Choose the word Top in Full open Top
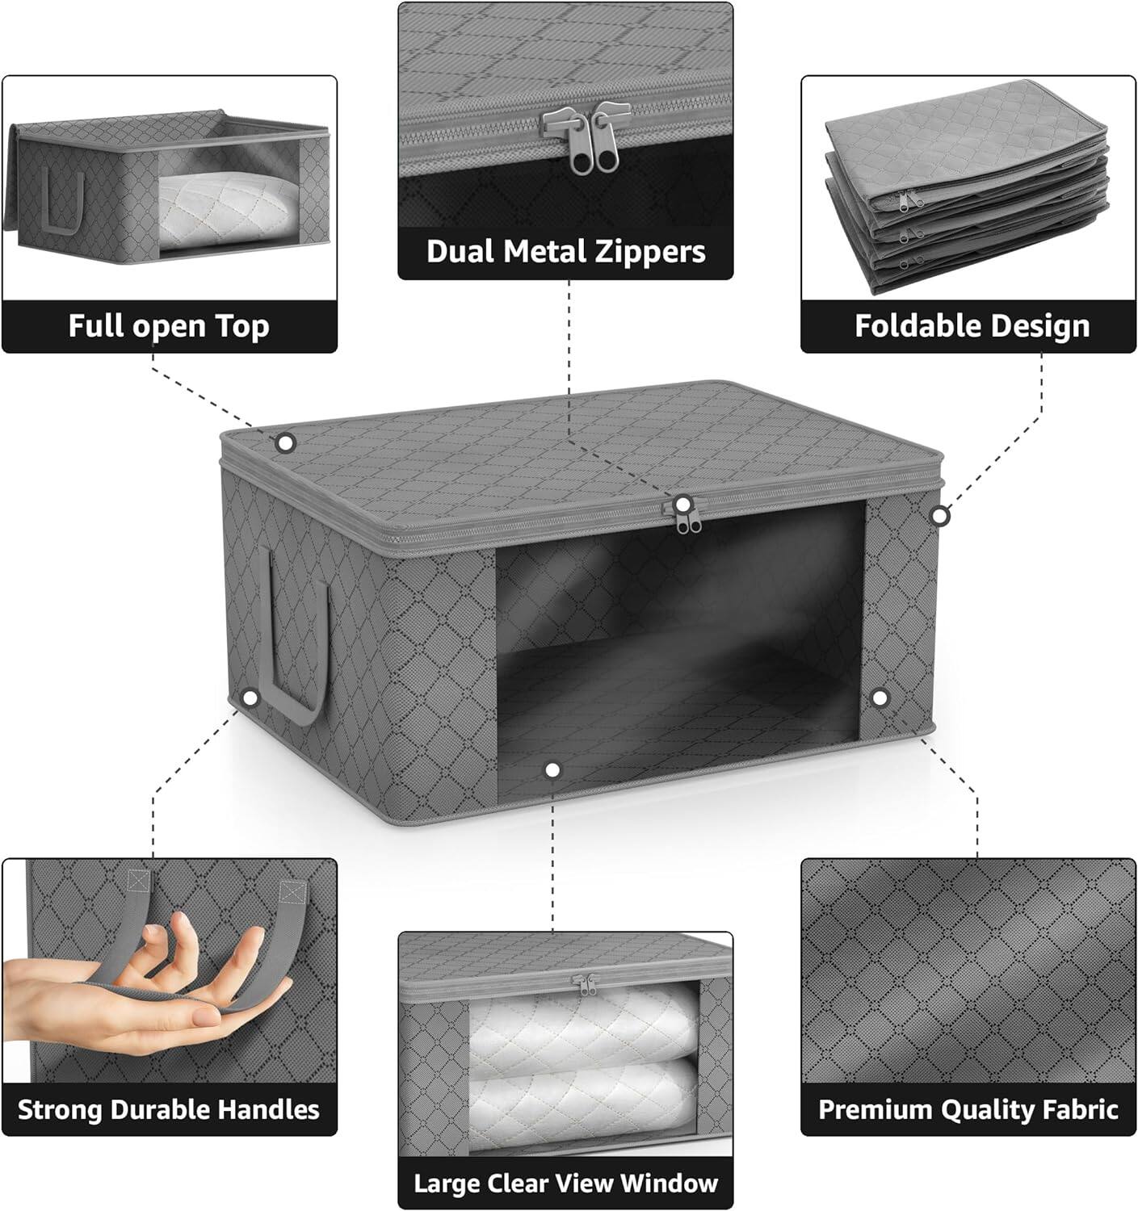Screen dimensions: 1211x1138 click(241, 326)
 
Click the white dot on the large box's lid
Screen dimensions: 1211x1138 click(285, 442)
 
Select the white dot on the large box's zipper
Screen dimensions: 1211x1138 click(683, 505)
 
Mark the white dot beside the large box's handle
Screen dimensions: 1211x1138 click(250, 698)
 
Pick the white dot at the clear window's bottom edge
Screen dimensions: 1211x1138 click(552, 770)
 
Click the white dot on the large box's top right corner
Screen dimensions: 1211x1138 click(939, 515)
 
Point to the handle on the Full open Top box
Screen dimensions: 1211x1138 click(64, 202)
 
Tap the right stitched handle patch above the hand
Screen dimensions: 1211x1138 click(295, 890)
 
